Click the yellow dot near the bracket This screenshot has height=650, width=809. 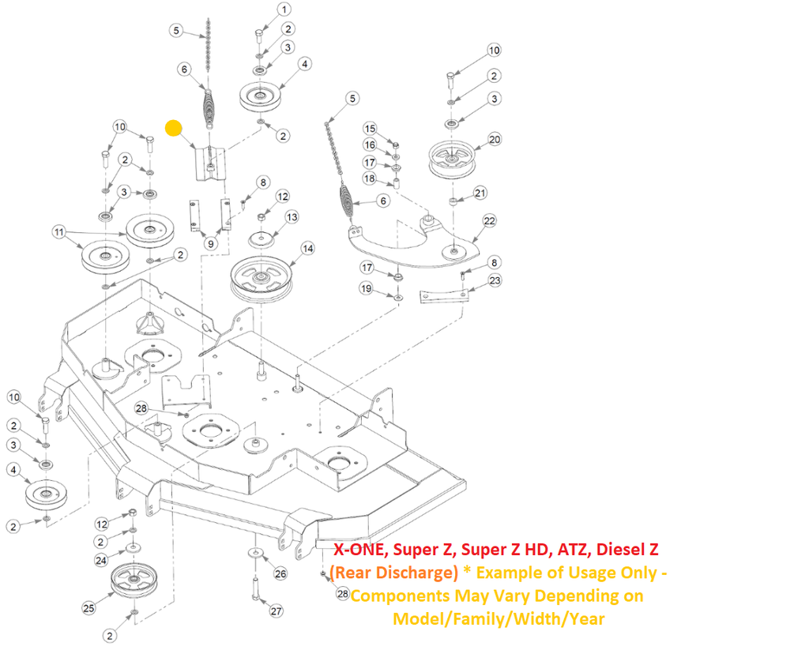pos(174,128)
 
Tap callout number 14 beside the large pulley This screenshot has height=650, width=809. pos(307,249)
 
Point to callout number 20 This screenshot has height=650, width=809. pos(495,139)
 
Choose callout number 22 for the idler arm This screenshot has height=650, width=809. pos(490,220)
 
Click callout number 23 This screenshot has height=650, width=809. pos(495,280)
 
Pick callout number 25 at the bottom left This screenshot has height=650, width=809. pos(88,607)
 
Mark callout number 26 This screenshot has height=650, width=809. pos(280,574)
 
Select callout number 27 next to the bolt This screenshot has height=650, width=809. pos(276,611)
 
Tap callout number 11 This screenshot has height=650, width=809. pos(58,232)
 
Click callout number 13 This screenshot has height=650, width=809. pos(292,216)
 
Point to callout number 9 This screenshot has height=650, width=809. pos(210,244)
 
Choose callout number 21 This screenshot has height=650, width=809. pos(480,193)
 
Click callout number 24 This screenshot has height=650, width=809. pos(101,560)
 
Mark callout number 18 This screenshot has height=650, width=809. pos(369,178)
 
